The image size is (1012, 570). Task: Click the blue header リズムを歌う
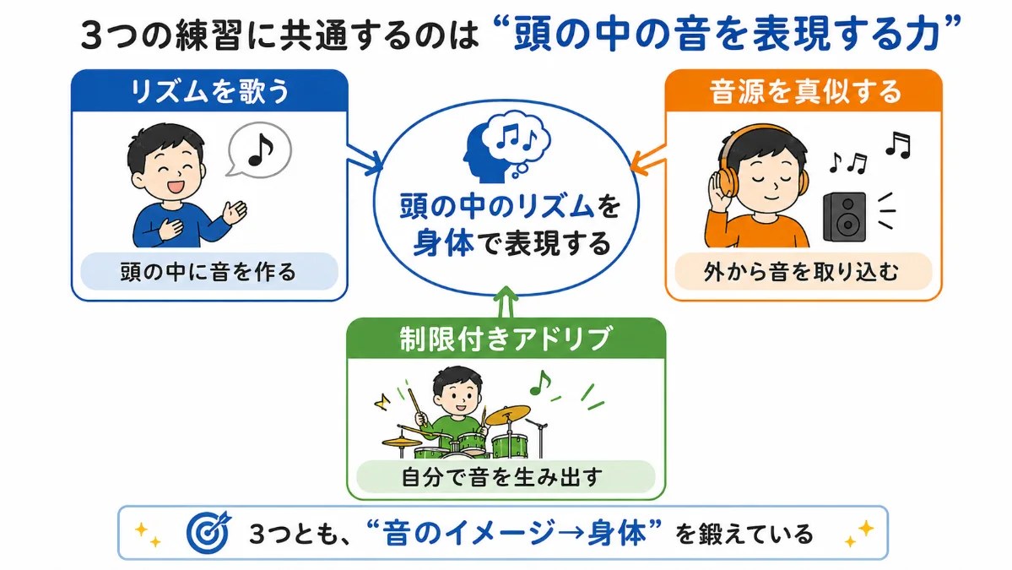click(x=209, y=91)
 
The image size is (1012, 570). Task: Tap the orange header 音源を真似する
click(x=804, y=91)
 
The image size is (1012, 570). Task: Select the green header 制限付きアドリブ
click(x=506, y=339)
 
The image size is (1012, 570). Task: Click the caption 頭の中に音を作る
click(x=208, y=272)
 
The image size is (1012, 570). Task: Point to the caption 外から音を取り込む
click(x=801, y=272)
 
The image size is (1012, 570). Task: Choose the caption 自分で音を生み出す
click(x=502, y=477)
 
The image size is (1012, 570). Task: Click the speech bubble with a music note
click(x=259, y=149)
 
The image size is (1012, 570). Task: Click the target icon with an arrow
click(x=208, y=532)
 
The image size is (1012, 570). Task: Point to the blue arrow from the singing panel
click(x=365, y=159)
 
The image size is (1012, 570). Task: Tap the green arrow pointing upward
click(x=506, y=302)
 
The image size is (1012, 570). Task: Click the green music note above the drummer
click(x=540, y=383)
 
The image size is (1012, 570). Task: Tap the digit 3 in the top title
click(x=91, y=36)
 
